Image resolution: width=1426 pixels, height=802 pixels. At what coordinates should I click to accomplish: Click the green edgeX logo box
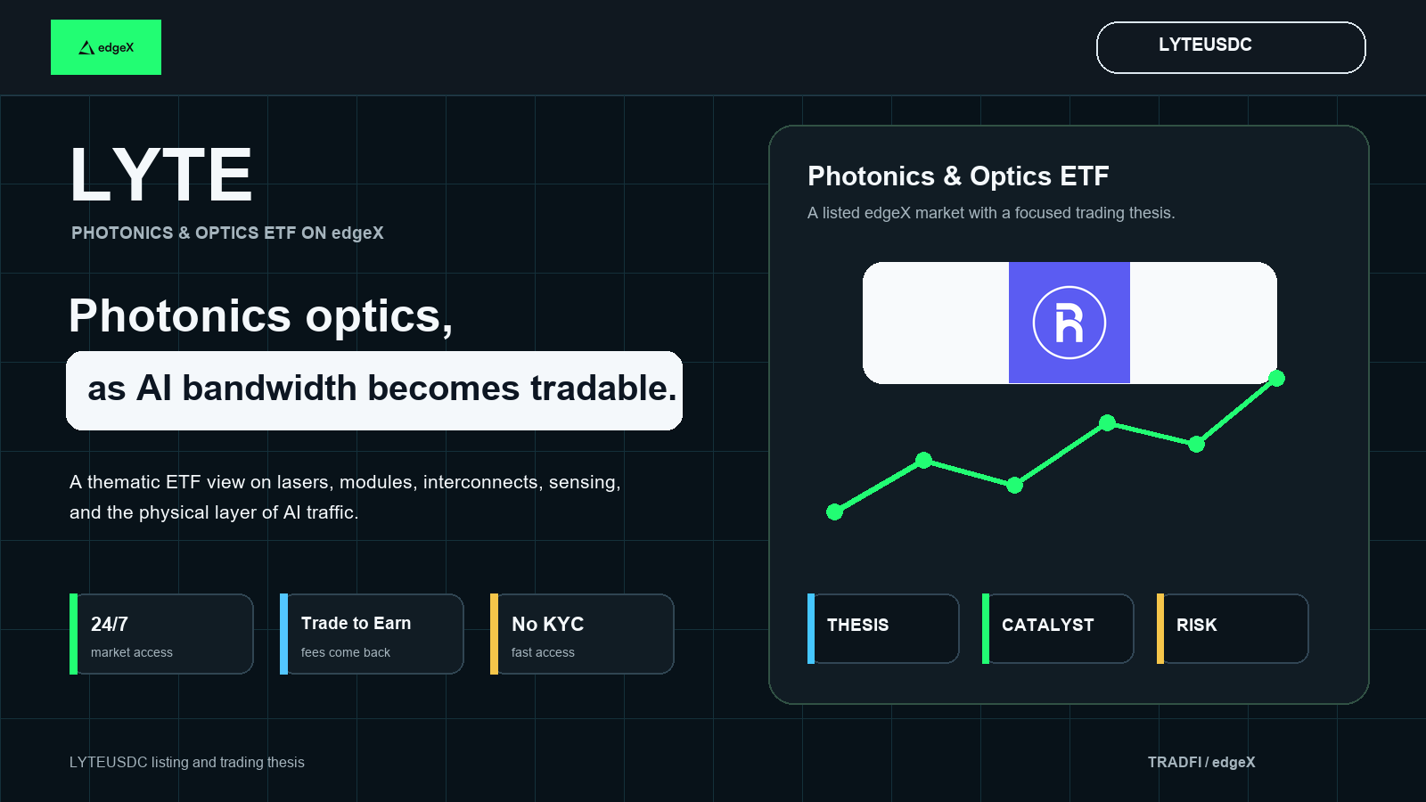pos(106,47)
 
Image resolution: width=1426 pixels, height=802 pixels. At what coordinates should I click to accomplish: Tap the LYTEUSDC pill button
pos(1231,48)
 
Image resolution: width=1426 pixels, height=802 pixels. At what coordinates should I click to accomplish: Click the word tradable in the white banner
pos(603,389)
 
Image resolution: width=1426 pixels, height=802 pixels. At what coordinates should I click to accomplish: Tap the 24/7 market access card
pos(161,634)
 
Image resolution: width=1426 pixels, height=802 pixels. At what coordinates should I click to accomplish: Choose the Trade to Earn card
pos(372,634)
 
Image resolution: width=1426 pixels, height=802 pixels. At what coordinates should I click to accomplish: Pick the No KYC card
pos(582,634)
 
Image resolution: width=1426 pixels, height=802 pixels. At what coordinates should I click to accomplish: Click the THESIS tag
pos(883,629)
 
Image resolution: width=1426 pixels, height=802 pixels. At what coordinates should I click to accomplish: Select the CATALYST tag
pos(1058,629)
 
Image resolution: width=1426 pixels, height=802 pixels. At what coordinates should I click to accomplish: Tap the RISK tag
pos(1233,629)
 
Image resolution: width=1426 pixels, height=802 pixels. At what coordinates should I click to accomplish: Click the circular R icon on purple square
pos(1069,323)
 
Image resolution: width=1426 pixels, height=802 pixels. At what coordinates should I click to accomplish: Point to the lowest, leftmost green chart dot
pos(834,511)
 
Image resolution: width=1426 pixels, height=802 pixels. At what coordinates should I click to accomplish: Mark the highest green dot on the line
pos(1276,379)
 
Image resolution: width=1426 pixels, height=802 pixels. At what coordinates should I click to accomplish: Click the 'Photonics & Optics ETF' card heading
pos(958,176)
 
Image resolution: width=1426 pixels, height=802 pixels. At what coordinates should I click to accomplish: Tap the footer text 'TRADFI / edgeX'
pos(1201,762)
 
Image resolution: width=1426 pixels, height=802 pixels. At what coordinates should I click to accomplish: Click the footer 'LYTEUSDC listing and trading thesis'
pos(186,762)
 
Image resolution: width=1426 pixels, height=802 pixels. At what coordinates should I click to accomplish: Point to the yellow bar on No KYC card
pos(494,634)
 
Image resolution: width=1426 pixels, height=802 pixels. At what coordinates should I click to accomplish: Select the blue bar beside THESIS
pos(811,629)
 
